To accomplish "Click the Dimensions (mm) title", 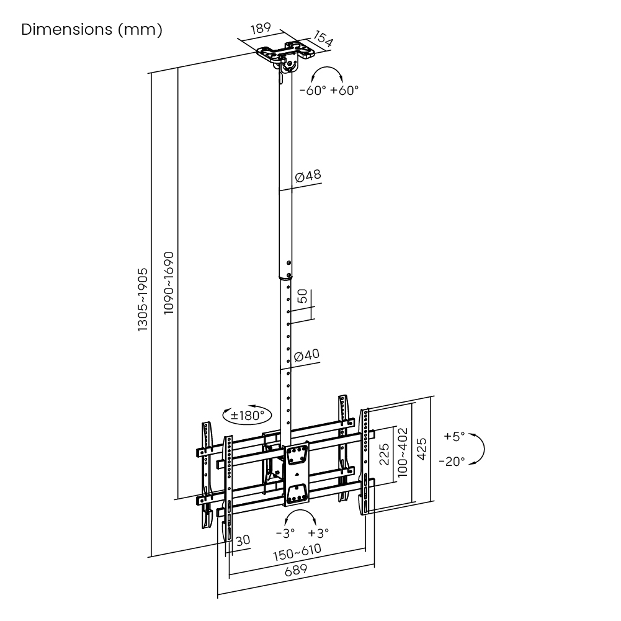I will (x=92, y=30).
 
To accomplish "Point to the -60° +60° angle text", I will (x=329, y=90).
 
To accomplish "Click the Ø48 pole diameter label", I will (x=308, y=176).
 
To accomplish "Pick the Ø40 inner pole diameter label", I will (x=307, y=355).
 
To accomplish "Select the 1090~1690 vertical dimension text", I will (x=169, y=282).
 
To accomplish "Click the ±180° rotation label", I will (x=247, y=415).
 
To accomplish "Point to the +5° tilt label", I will (x=454, y=436).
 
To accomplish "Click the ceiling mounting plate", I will (x=285, y=53).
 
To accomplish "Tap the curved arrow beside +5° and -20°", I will (x=479, y=449).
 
